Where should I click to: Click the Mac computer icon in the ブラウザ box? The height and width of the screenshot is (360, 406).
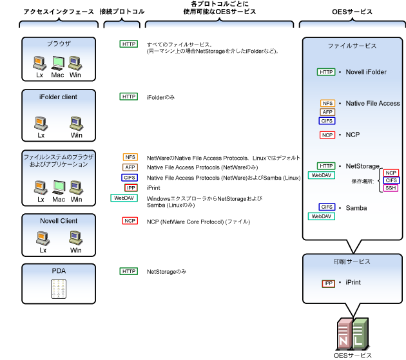click(58, 62)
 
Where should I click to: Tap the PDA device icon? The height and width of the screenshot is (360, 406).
click(59, 290)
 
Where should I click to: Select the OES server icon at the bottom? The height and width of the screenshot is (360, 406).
click(352, 333)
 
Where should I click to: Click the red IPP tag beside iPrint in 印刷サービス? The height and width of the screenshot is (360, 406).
click(328, 283)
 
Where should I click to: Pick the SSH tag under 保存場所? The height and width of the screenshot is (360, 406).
click(391, 188)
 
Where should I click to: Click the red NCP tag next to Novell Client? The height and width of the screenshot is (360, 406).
click(130, 221)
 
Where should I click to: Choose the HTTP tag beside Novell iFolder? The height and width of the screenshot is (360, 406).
click(326, 72)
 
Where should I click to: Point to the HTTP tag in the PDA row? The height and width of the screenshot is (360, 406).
click(129, 271)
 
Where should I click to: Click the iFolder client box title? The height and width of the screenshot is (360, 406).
click(58, 97)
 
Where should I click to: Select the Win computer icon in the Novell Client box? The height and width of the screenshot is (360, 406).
click(76, 240)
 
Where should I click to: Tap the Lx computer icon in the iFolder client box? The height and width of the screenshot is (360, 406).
click(41, 122)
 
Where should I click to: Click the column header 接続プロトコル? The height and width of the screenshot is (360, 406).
click(122, 12)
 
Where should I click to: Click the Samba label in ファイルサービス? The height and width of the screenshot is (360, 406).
click(356, 207)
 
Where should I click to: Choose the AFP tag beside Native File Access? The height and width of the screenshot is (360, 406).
click(327, 112)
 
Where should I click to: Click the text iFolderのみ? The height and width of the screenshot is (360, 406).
click(161, 97)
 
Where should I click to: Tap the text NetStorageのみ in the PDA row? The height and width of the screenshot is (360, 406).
click(166, 272)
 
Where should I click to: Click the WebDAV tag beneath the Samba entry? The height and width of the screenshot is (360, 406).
click(322, 216)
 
